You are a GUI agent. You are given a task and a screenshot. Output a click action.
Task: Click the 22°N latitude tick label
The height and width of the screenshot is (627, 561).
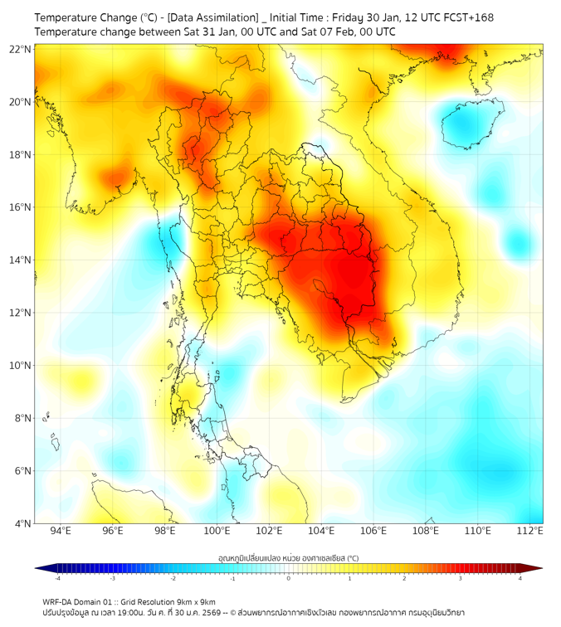[21, 49]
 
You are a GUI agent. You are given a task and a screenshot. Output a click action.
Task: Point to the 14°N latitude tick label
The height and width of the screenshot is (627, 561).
[21, 260]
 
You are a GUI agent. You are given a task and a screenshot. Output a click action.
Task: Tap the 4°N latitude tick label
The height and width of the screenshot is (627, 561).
[22, 523]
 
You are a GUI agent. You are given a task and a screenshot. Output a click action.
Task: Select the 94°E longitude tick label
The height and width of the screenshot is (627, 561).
[61, 531]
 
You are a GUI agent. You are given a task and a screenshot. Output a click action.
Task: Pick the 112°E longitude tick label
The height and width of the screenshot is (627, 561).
[529, 531]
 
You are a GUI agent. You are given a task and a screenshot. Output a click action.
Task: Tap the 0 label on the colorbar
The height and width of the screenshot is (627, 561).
[289, 578]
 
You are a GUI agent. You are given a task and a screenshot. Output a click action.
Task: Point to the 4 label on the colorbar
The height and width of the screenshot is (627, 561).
[520, 578]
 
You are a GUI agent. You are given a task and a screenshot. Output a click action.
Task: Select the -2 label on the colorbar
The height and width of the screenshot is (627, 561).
[173, 578]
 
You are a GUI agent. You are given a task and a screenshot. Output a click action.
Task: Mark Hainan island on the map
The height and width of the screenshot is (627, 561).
[473, 125]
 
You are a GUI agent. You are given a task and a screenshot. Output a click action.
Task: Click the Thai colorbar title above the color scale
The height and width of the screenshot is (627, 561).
[288, 557]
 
